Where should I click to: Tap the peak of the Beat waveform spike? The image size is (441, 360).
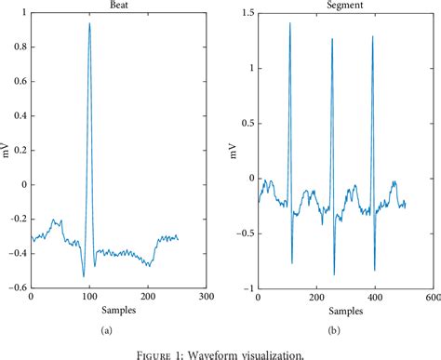89,23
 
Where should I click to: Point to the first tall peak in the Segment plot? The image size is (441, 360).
289,23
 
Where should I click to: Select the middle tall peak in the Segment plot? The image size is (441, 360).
331,39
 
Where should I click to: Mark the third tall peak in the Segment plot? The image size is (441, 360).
372,37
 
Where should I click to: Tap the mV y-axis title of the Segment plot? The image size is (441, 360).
230,151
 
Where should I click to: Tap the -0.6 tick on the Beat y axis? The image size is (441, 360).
16,287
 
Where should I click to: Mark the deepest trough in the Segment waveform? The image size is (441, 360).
334,274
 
